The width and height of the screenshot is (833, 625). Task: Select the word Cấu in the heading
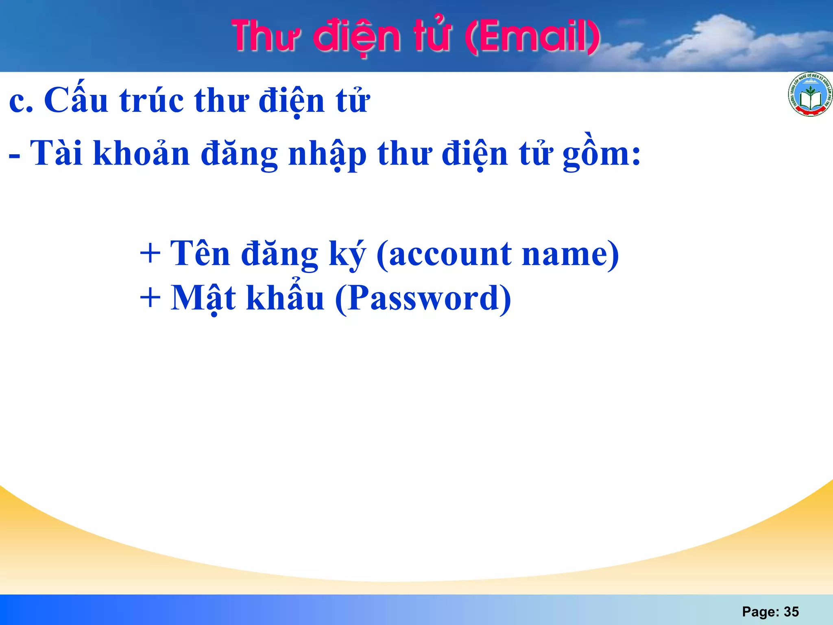[76, 100]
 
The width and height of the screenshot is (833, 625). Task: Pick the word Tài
[57, 153]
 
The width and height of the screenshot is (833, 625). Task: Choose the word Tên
[200, 253]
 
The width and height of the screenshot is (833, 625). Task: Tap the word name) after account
[570, 254]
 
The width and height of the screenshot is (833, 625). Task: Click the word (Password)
[423, 298]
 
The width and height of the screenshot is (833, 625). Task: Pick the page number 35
[791, 612]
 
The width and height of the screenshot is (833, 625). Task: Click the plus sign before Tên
[150, 254]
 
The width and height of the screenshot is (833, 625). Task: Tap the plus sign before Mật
[150, 298]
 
